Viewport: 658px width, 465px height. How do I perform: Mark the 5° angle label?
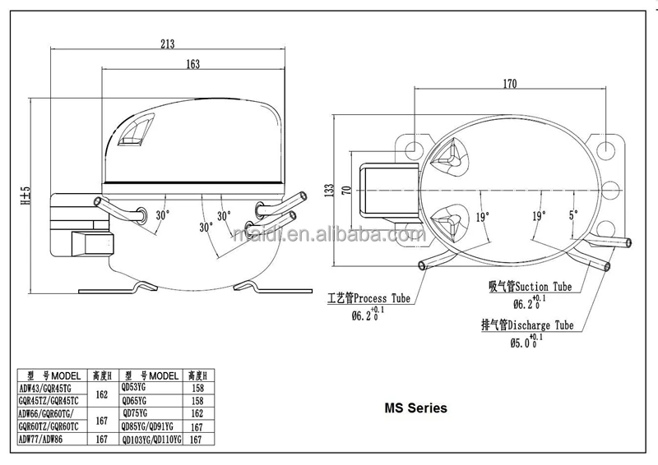point(572,216)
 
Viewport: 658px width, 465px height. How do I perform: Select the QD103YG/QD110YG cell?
point(150,440)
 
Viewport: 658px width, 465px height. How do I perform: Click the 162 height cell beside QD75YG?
point(197,414)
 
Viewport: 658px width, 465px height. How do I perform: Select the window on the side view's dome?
point(133,131)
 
